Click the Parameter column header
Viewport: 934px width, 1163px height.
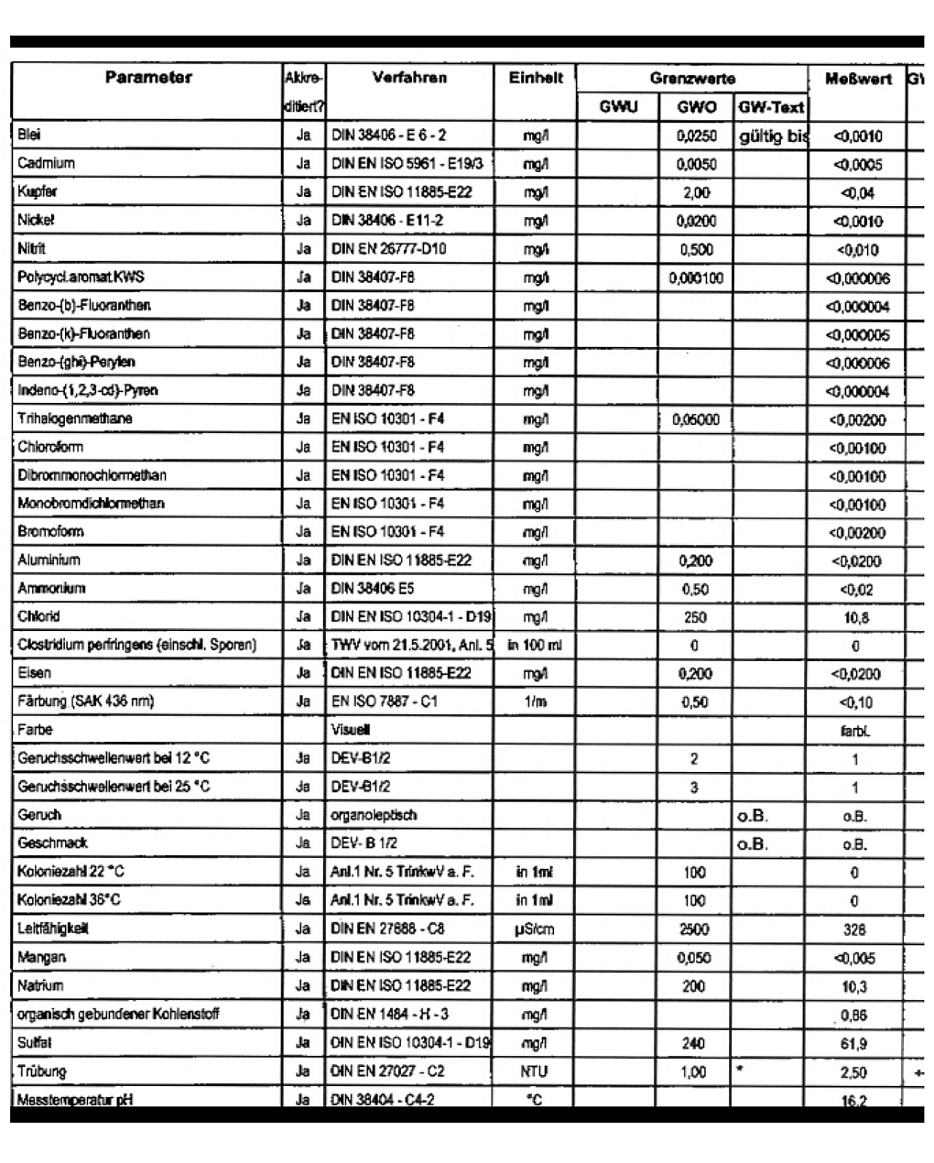[148, 78]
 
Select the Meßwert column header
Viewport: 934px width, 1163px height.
[857, 80]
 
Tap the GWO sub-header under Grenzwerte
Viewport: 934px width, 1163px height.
[696, 107]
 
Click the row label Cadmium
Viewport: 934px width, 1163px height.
[46, 164]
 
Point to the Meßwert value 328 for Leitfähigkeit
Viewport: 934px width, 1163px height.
[854, 929]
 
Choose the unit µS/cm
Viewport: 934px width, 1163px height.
[535, 929]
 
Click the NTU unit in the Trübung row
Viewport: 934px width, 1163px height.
[535, 1071]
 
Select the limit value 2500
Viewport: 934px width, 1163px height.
[694, 929]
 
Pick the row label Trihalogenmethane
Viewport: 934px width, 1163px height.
[74, 418]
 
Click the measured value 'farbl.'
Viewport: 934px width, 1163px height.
[854, 731]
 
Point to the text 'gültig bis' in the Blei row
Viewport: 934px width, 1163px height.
[773, 136]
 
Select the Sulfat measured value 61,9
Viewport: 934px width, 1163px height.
[854, 1043]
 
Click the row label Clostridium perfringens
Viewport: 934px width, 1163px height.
[136, 645]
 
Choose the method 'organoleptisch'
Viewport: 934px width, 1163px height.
[374, 815]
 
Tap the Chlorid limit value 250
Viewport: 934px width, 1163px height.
[695, 617]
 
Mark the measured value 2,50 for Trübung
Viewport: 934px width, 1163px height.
[854, 1071]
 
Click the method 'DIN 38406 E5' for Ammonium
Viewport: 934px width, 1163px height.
[373, 589]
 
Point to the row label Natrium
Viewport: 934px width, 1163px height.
[40, 986]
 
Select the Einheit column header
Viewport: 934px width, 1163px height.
[536, 79]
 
